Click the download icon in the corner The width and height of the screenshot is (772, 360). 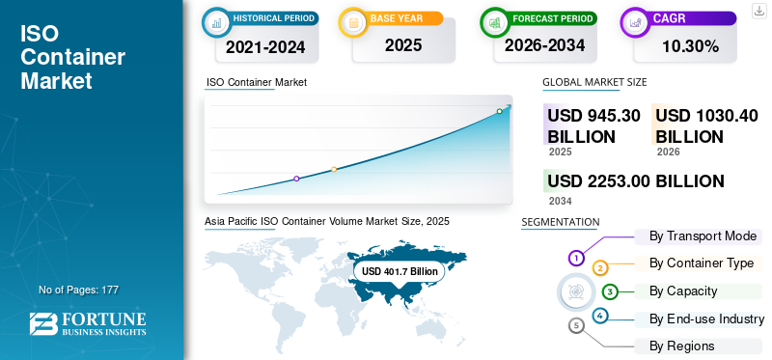coord(758,11)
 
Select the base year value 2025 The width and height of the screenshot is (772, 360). coord(403,45)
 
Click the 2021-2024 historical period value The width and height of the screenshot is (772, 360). coord(265,47)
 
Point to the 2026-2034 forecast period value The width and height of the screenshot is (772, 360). coord(544,45)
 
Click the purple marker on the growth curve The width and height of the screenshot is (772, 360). coord(296,179)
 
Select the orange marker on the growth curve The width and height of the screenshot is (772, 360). coord(334,170)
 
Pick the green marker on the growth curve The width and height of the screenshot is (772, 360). coord(499,111)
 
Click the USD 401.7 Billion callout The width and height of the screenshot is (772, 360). coord(400,271)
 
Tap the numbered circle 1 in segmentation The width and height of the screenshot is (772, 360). coord(576,257)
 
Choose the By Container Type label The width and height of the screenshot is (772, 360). coord(702,263)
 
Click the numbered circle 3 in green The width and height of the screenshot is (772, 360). coord(610,291)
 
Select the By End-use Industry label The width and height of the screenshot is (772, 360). coord(706,319)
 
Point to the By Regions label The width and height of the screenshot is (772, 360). coord(681,346)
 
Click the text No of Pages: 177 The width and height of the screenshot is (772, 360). coord(79,290)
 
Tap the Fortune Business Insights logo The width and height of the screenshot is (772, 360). coord(88,323)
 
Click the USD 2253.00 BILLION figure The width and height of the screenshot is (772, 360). coord(636,181)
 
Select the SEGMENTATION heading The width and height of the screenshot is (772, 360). coord(561,222)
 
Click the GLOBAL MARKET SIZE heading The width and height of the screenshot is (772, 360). coord(594,82)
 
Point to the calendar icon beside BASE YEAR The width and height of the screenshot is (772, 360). coord(353,22)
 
